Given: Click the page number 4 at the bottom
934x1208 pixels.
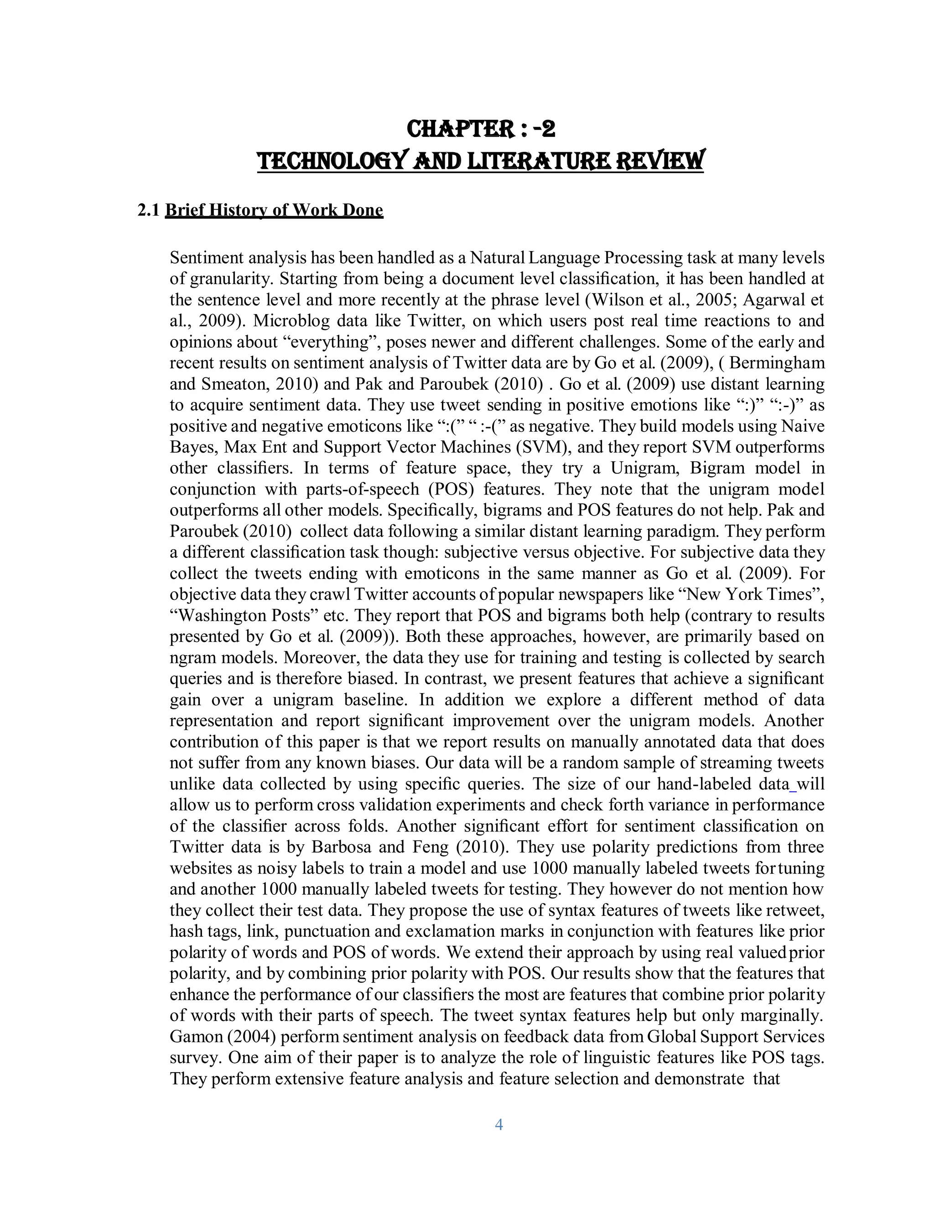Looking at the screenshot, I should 498,1125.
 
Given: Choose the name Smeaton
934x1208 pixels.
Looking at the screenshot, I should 239,384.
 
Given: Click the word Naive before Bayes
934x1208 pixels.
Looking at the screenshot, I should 802,426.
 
